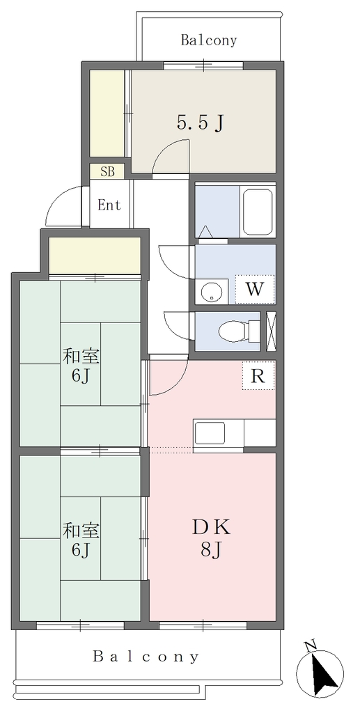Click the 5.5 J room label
200,123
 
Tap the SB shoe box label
107,172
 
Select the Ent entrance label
109,205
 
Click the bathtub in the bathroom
258,212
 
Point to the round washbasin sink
212,291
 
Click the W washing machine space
255,289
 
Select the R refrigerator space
258,375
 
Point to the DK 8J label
212,539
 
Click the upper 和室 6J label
81,365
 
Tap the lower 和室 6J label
81,540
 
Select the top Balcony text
209,40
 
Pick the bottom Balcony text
146,657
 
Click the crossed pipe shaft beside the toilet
271,331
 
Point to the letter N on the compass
311,646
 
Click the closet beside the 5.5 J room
107,113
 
